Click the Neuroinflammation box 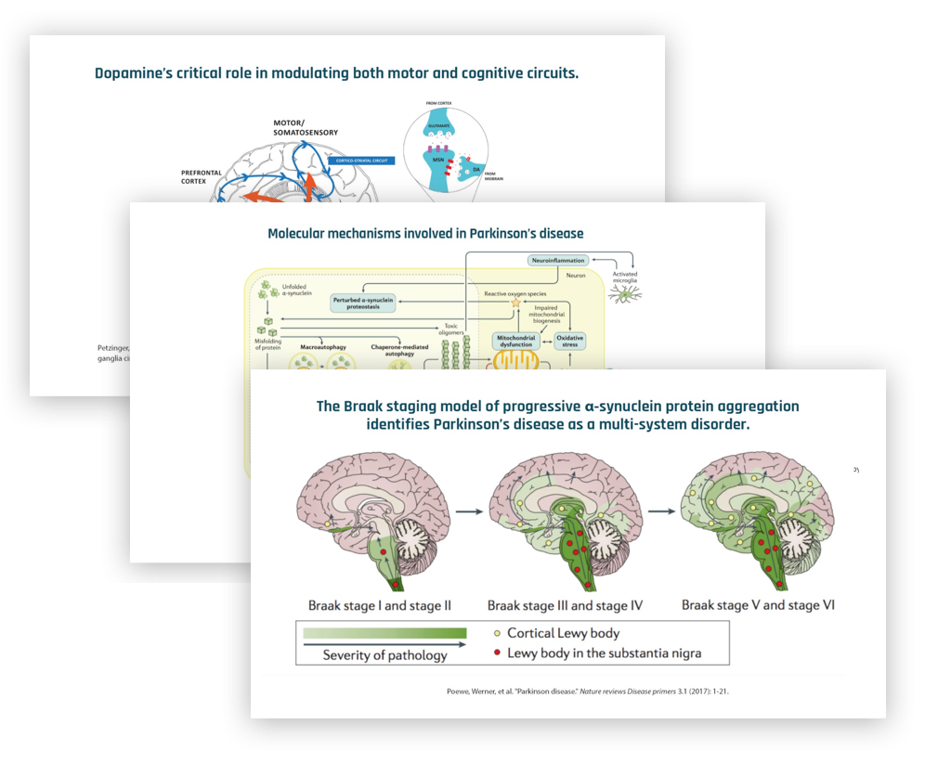(x=561, y=261)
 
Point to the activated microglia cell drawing (x=624, y=293)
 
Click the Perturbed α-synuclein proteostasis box (x=371, y=302)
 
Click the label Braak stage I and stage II (x=380, y=605)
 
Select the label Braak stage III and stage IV (x=566, y=605)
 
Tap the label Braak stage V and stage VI (x=758, y=605)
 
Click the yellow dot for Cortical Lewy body (x=497, y=633)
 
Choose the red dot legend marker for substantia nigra (x=497, y=653)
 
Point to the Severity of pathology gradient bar (x=383, y=633)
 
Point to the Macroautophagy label (x=324, y=347)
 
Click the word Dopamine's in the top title (x=133, y=73)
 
